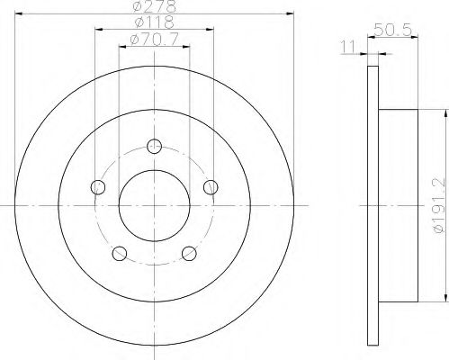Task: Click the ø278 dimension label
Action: pos(154,6)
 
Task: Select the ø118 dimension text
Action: pos(154,22)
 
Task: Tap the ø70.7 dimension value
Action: pos(154,39)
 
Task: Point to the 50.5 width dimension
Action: pos(392,30)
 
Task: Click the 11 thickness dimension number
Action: pos(348,47)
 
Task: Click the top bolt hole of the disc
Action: pos(155,147)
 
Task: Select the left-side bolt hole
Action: pos(98,187)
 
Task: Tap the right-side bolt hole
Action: pos(211,187)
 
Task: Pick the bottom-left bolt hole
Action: pos(120,254)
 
